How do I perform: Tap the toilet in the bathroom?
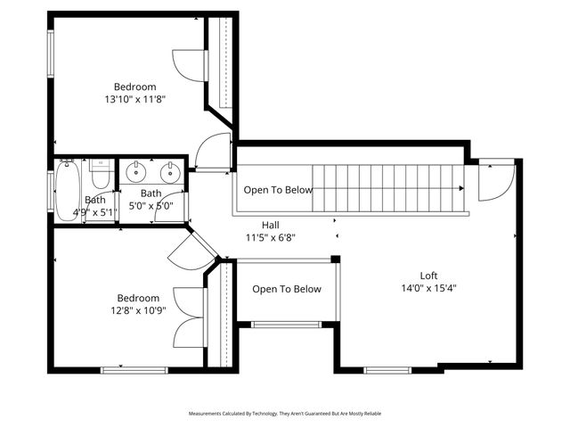click(100, 175)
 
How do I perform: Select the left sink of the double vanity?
click(136, 172)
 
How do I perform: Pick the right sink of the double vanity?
click(168, 172)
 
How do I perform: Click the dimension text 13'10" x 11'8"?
click(135, 100)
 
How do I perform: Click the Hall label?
click(271, 225)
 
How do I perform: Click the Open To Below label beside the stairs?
click(278, 190)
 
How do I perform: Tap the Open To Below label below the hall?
click(286, 289)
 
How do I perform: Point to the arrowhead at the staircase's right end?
click(460, 189)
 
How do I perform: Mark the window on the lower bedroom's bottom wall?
click(122, 369)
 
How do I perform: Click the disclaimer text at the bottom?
click(284, 414)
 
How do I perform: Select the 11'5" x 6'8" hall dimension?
click(271, 238)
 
